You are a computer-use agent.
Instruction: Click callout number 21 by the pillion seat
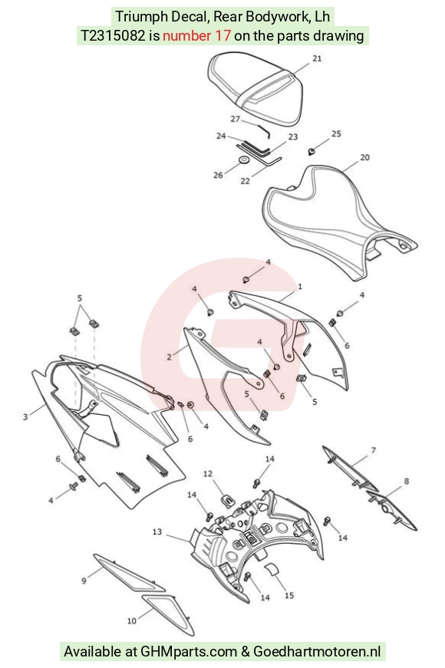coord(317,59)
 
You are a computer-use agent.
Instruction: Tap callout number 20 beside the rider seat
coord(365,158)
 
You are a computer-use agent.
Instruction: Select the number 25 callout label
coord(336,133)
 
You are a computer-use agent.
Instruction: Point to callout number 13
coord(157,531)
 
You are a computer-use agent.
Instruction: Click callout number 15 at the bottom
coord(289,596)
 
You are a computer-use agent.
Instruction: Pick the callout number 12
coord(208,474)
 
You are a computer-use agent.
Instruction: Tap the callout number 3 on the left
coord(25,416)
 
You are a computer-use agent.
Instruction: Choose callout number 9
coord(84,581)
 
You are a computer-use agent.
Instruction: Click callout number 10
coord(132,621)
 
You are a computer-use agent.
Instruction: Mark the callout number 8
coord(407,481)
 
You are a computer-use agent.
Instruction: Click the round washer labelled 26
coord(244,160)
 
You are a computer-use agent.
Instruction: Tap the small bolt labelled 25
coord(311,151)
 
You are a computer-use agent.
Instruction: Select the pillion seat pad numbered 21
coord(255,87)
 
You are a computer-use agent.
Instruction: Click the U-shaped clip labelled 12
coord(229,500)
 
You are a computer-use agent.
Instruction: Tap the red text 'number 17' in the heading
coord(196,36)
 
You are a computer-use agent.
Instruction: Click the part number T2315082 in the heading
coord(113,36)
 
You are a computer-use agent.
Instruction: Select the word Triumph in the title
coord(141,17)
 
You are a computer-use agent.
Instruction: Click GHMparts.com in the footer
coord(189,651)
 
